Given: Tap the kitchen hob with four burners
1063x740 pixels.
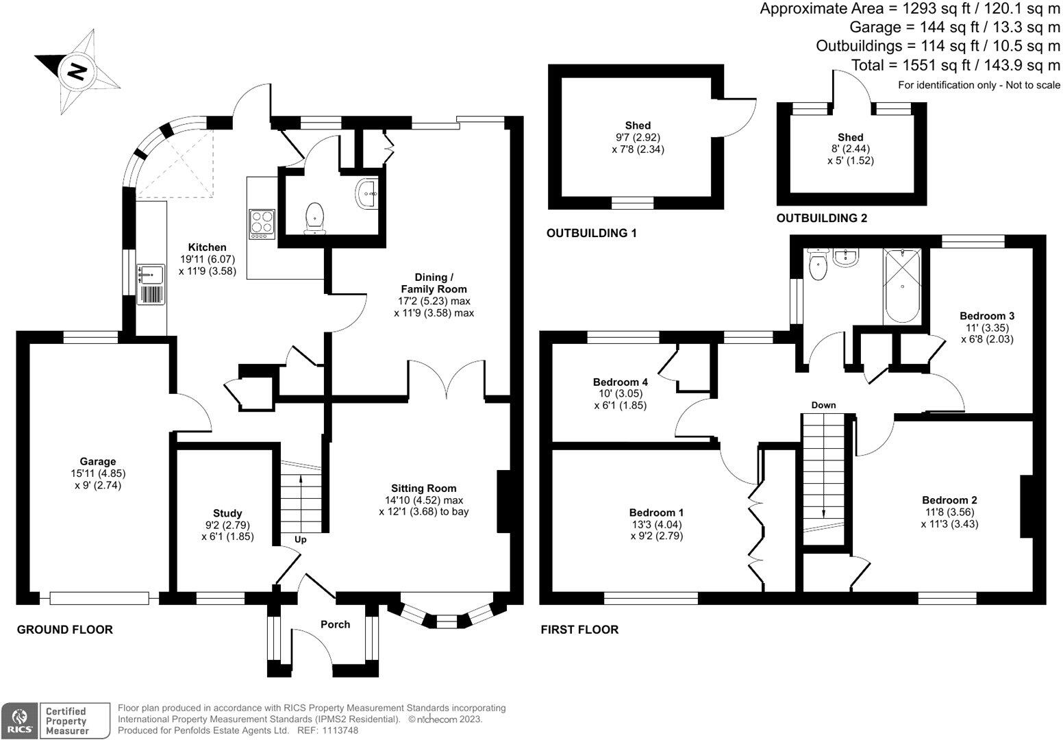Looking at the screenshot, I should click(x=262, y=223).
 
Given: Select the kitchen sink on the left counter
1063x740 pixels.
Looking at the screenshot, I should click(x=151, y=275).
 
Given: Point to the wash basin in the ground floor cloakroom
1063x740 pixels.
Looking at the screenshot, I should click(x=366, y=194).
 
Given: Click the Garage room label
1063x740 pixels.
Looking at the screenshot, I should click(x=97, y=461).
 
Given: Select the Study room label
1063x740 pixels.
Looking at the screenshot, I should click(x=227, y=513).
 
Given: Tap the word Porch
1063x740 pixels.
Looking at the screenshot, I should click(x=335, y=624).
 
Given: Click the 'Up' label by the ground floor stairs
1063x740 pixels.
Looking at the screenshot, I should click(x=300, y=539).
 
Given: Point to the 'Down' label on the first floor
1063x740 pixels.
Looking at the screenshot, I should click(x=823, y=405).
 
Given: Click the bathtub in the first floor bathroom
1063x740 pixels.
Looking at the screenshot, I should click(x=902, y=286).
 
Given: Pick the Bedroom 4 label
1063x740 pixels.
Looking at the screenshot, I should click(x=620, y=382).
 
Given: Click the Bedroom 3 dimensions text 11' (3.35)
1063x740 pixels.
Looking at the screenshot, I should click(x=986, y=328).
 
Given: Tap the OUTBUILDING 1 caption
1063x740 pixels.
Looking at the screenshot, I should click(x=591, y=234).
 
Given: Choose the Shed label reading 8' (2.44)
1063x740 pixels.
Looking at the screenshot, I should click(x=850, y=149).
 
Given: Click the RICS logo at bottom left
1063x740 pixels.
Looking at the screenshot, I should click(x=18, y=720).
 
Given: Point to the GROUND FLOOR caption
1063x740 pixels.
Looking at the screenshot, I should click(x=64, y=630).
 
